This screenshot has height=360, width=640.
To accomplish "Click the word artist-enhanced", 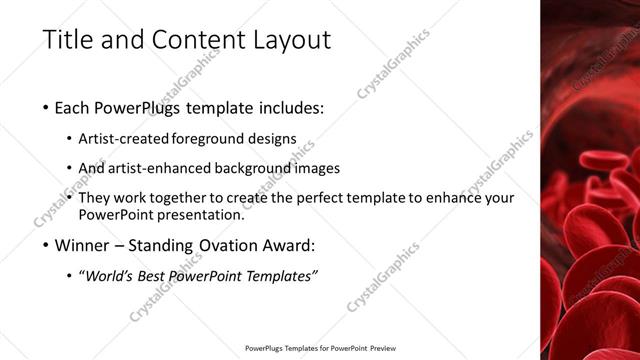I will (166, 168).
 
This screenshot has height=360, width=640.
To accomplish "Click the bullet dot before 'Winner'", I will (47, 246).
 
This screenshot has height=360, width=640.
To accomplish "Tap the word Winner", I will (84, 246).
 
